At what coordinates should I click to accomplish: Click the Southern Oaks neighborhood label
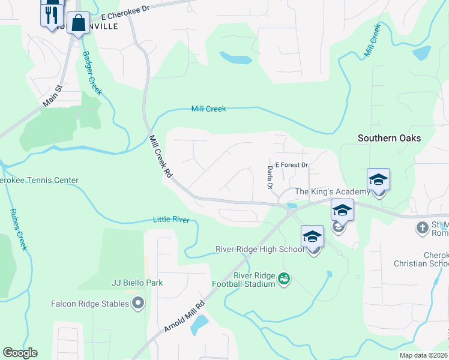(389, 138)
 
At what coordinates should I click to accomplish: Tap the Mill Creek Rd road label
(160, 155)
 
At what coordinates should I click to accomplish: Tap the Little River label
(171, 220)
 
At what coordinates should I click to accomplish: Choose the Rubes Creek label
(19, 229)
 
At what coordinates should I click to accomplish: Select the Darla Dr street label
(270, 176)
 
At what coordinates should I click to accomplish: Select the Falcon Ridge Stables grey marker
(139, 304)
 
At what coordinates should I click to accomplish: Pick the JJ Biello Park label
(137, 283)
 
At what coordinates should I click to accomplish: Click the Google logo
(20, 353)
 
